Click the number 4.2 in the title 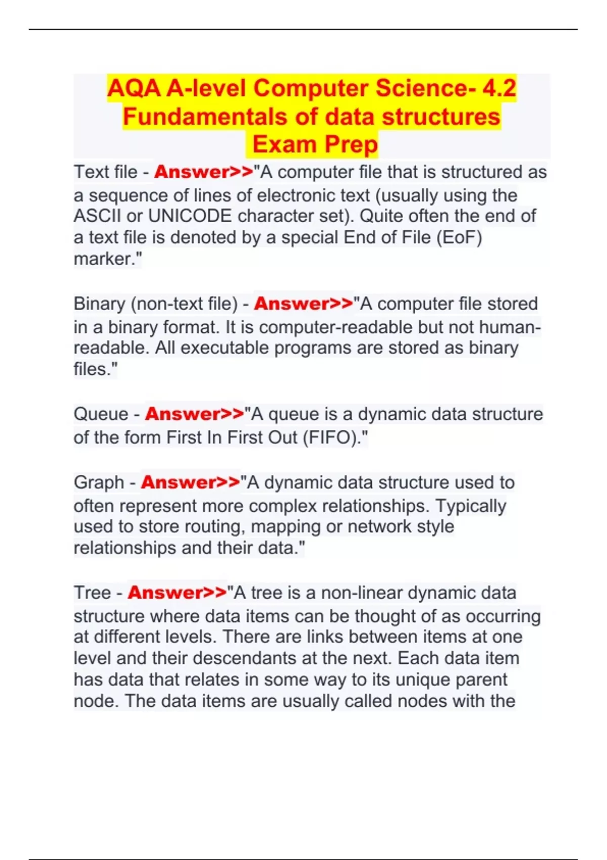(x=499, y=89)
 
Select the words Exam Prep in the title (x=315, y=145)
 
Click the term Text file (x=105, y=172)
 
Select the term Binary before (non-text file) (x=99, y=304)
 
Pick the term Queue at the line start (x=101, y=414)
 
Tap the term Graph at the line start (x=99, y=483)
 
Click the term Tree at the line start (x=92, y=593)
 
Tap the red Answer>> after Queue (x=195, y=414)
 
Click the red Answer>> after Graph (x=191, y=483)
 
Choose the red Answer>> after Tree (x=178, y=593)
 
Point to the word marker (x=105, y=259)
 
